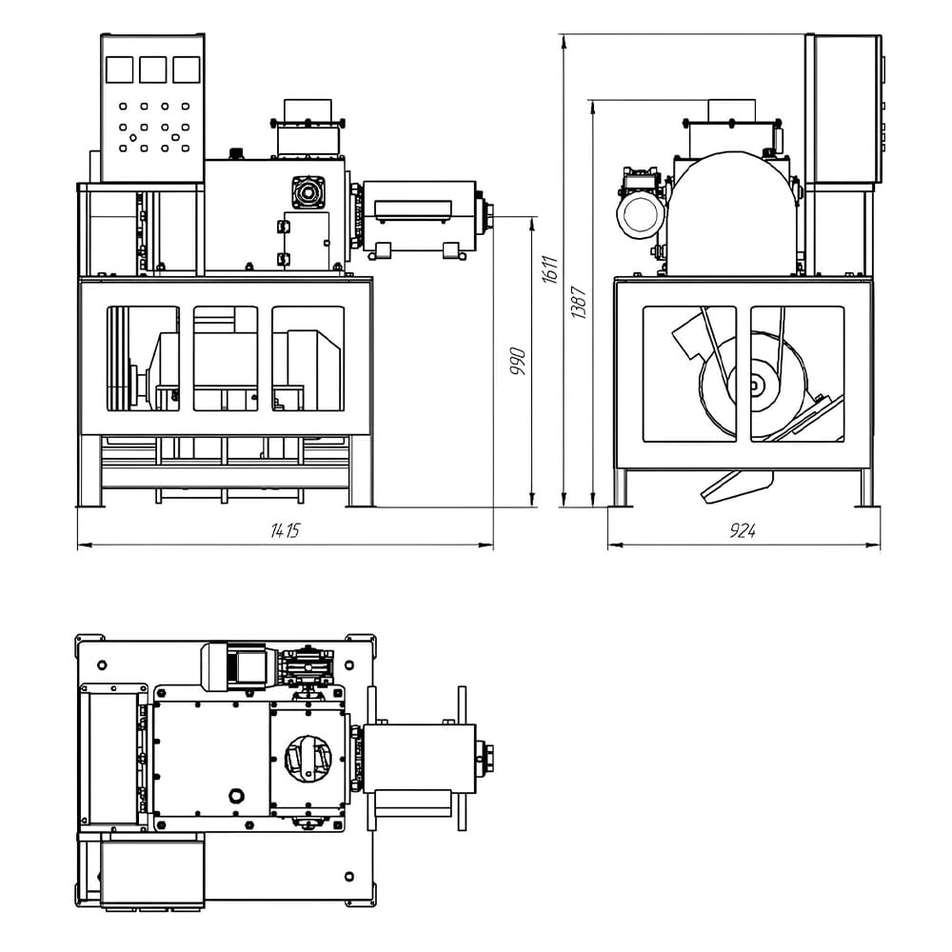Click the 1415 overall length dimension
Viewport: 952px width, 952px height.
coord(285,531)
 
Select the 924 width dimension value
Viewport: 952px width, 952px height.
coord(743,531)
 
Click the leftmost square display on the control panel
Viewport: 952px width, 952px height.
coord(119,69)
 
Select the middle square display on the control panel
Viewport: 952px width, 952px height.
coord(152,69)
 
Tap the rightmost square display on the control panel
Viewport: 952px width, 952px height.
coord(186,69)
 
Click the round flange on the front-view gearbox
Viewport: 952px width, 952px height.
coord(307,193)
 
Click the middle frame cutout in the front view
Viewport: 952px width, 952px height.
coord(226,358)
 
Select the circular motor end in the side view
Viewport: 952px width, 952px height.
coord(637,215)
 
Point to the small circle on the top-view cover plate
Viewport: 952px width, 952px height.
coord(235,794)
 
